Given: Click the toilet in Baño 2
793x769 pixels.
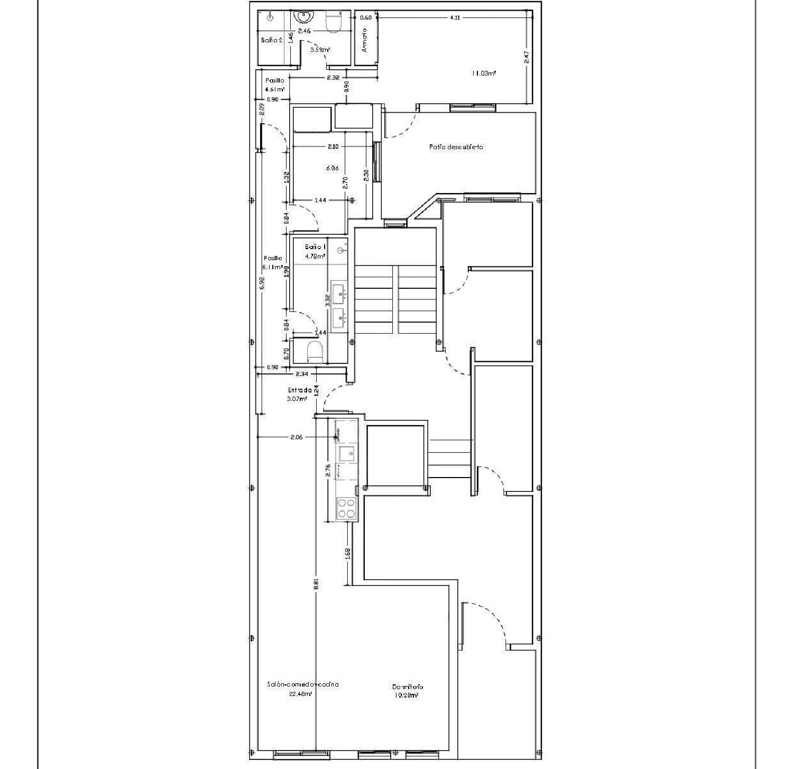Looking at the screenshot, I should (333, 22).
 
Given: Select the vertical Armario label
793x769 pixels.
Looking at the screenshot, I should (364, 41).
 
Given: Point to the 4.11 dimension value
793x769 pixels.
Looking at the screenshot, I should (455, 17).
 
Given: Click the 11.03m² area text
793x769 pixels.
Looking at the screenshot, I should (484, 74).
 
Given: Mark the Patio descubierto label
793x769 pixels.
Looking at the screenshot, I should (456, 147).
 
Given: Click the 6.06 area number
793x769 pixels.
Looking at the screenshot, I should (332, 168).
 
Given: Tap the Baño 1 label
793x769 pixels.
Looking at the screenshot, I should (315, 247).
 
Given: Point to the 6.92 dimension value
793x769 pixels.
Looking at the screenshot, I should (262, 283).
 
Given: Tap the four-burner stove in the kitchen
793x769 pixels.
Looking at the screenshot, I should (346, 508).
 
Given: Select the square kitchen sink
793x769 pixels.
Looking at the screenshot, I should (347, 453).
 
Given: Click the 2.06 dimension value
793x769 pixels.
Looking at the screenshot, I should (297, 437).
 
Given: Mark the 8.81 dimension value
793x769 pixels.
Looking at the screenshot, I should (316, 583).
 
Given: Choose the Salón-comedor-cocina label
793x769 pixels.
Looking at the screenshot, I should (302, 684).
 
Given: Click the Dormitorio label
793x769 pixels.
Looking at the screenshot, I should (407, 687).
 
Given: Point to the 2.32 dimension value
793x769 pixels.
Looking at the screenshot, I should (333, 78).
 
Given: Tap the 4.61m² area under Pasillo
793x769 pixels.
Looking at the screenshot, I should (275, 89).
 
